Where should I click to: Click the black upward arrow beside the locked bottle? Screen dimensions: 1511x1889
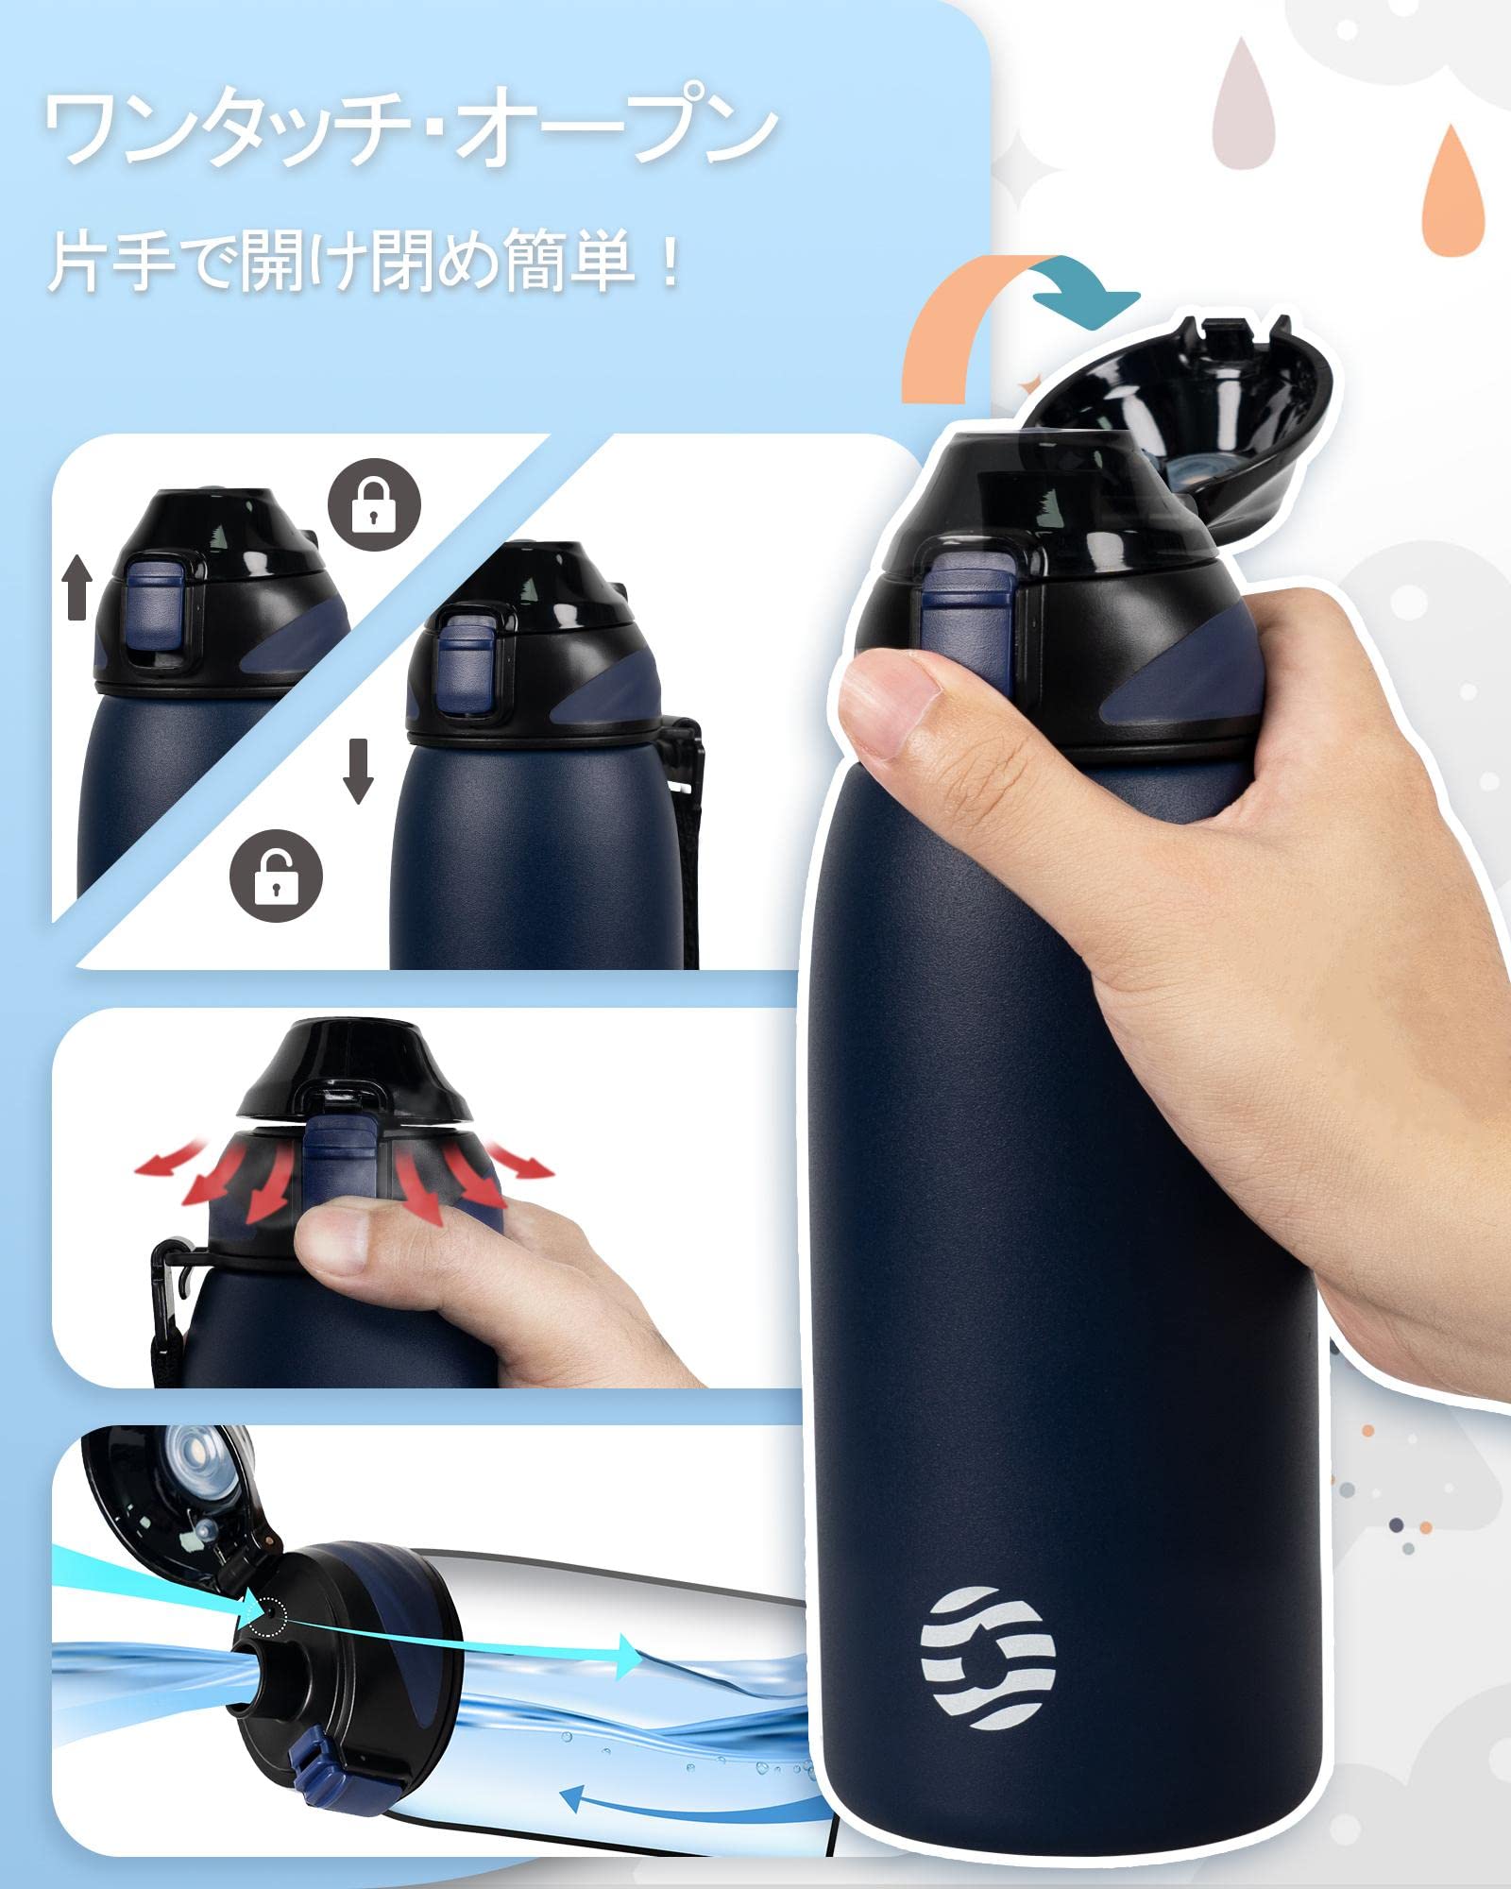pos(78,586)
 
